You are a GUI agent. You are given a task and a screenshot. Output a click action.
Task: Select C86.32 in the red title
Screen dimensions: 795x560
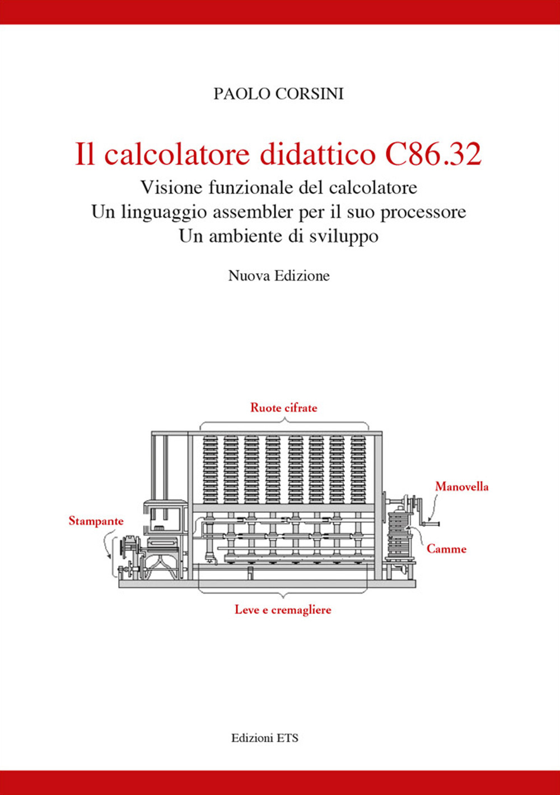433,155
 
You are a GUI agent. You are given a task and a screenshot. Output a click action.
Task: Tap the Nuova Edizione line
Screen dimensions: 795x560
279,275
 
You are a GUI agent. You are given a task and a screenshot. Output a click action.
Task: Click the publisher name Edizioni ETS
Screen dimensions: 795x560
265,738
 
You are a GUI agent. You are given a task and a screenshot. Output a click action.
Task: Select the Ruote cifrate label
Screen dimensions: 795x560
283,408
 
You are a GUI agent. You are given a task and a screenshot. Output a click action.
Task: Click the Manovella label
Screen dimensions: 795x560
461,487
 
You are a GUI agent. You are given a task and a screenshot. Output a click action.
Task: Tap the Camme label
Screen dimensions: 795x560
446,549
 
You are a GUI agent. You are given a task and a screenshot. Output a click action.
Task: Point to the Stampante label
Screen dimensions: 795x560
96,521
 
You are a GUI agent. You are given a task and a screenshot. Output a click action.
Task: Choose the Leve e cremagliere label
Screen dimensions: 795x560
283,610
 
